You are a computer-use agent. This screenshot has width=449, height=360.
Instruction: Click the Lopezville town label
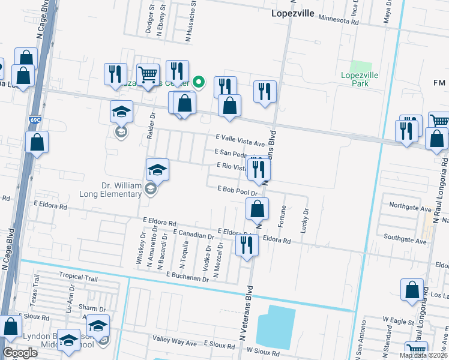[293, 13]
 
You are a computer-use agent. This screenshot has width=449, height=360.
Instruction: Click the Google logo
[20, 353]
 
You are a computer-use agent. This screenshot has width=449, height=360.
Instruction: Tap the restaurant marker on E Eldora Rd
[247, 245]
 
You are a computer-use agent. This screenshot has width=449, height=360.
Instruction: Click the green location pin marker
[200, 83]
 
